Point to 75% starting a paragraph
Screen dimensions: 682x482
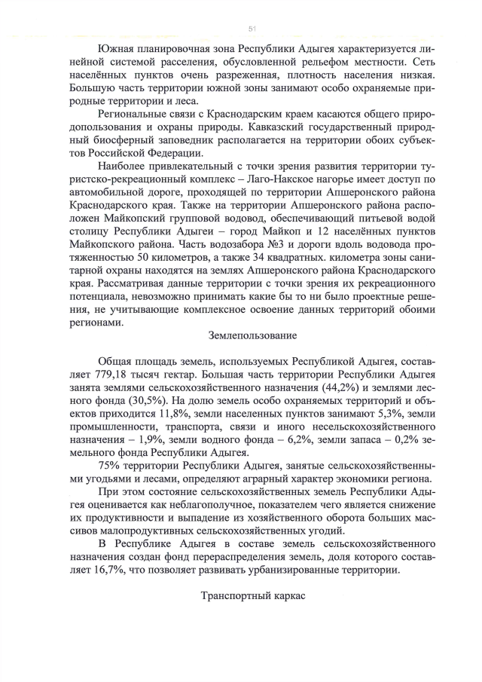pyautogui.click(x=110, y=465)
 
